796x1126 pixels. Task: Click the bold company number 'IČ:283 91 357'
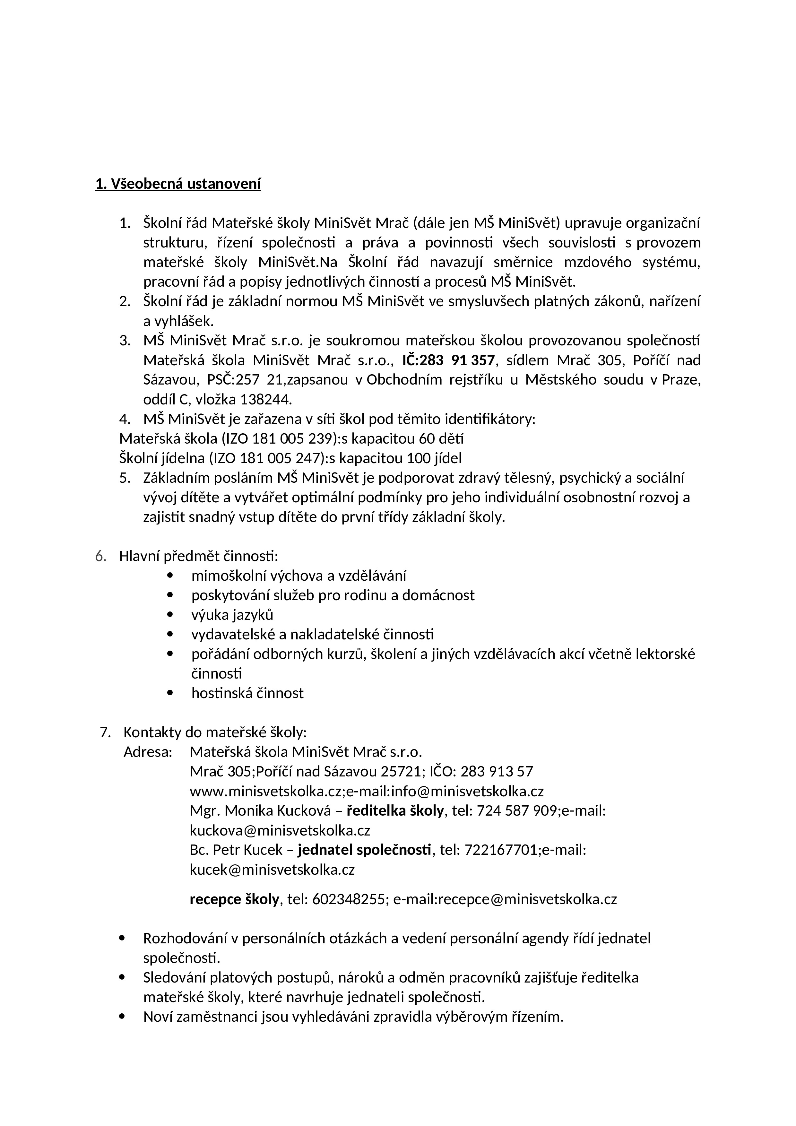448,360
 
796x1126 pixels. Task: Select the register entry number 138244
265,400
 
